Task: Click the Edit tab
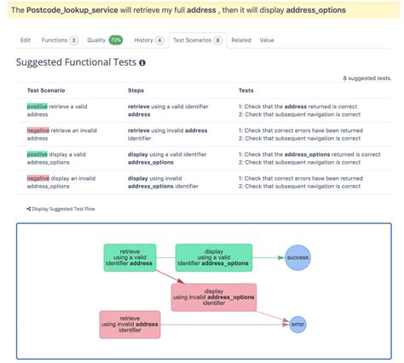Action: [26, 40]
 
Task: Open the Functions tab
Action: [60, 40]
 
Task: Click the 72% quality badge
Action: [115, 40]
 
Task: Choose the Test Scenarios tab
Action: [198, 40]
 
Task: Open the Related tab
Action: [241, 40]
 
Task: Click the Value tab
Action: [267, 40]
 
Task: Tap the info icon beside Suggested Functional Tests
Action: [142, 63]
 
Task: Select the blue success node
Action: [297, 256]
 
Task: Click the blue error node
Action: [297, 324]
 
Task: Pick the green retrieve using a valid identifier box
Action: [130, 256]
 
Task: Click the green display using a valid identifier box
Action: [214, 256]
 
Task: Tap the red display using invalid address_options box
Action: [214, 297]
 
